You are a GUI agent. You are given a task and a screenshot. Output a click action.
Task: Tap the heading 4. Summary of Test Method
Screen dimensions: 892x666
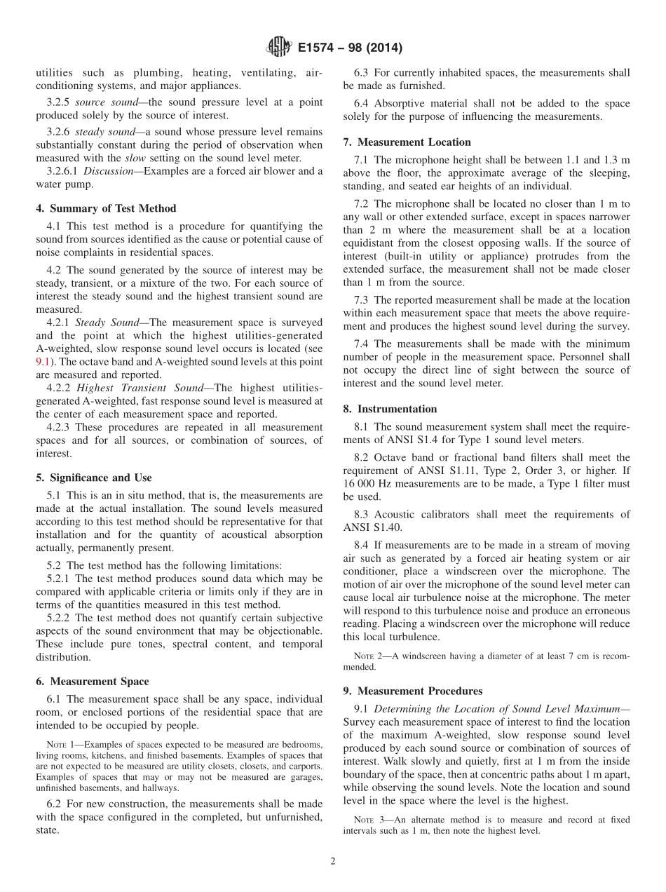[x=106, y=208]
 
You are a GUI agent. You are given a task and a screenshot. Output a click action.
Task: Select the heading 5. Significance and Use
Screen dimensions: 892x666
[x=94, y=478]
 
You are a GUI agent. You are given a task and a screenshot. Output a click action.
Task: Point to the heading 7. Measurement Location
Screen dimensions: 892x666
[x=407, y=142]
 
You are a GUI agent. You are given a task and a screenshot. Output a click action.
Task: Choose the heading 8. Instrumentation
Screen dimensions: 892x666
[x=390, y=409]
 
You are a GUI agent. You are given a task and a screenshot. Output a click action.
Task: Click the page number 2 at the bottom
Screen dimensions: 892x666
[x=333, y=861]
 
